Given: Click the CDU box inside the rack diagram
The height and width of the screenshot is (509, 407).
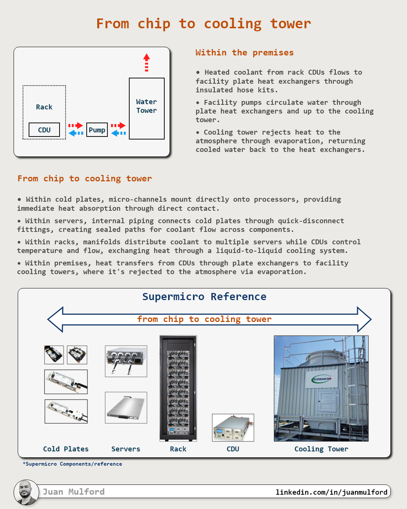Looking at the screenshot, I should [44, 130].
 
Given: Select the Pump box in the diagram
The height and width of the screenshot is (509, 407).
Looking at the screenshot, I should [97, 130].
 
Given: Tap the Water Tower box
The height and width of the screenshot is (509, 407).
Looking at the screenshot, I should [147, 108].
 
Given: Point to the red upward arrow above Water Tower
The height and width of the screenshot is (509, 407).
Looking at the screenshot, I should [147, 62].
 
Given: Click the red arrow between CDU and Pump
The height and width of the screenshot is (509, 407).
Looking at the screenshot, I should [76, 125].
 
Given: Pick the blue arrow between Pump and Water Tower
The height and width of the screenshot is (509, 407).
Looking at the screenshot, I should [118, 133].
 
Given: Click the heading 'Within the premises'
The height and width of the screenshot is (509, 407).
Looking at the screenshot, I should [244, 52].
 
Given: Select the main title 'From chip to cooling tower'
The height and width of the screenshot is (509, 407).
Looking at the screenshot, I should [203, 23].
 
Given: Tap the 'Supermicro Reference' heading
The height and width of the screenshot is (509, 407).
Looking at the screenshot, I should [204, 297].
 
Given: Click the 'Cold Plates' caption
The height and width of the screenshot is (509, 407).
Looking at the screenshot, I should [66, 449].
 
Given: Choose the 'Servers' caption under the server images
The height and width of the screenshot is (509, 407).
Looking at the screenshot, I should [125, 449].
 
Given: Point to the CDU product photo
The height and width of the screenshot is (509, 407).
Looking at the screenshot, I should [233, 428].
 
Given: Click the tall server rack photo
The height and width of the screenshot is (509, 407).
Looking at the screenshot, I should [178, 388].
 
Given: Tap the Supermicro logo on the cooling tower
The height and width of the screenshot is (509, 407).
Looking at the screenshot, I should [321, 379].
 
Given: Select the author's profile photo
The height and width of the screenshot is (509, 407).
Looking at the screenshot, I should [26, 492].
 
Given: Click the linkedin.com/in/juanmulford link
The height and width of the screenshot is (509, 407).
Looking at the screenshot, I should [331, 492].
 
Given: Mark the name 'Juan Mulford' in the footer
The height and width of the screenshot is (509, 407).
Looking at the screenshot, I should [73, 492].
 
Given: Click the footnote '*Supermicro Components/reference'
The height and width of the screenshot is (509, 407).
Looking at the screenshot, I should [72, 464].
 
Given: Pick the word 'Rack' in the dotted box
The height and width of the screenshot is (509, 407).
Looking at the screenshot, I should [44, 107].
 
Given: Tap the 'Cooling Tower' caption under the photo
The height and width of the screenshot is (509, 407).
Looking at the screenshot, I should [321, 449].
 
